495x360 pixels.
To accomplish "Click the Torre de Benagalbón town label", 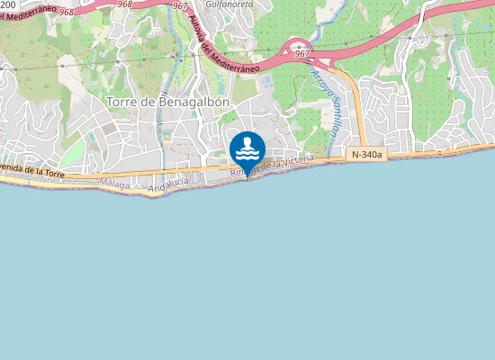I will [168, 102].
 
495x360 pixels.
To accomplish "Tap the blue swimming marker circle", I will [247, 148].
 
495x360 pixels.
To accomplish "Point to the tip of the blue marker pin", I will [247, 177].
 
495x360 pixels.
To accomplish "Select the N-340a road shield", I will [366, 155].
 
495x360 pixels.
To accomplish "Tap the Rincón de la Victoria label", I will [272, 166].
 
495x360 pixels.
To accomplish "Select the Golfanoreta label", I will [231, 4].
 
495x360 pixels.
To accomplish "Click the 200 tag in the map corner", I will [8, 4].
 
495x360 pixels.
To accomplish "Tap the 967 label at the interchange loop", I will [302, 54].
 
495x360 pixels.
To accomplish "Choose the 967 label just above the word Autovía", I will [180, 6].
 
